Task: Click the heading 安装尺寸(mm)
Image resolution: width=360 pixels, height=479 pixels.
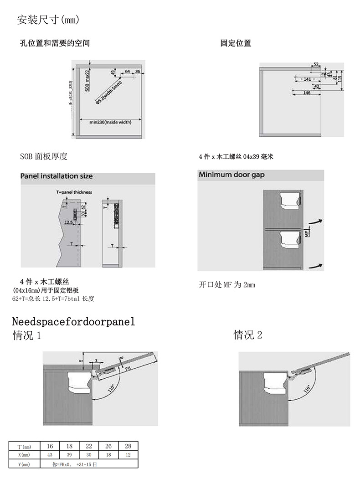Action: click(48, 20)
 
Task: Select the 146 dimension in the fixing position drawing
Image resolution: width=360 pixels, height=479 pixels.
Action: click(307, 93)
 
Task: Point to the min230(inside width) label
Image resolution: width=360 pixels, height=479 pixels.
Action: click(110, 122)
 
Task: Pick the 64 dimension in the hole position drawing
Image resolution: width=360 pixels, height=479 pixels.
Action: click(127, 71)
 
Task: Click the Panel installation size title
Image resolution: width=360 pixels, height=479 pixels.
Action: click(57, 176)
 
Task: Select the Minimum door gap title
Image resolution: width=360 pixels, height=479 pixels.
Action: click(231, 175)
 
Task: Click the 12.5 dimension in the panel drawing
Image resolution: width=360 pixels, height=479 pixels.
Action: click(68, 222)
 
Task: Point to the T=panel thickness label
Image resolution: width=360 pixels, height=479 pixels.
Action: click(74, 192)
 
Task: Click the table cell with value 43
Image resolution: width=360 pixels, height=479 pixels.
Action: click(50, 455)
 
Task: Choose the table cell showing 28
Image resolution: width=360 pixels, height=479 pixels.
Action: click(128, 446)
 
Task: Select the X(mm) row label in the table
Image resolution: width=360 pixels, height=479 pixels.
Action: click(25, 455)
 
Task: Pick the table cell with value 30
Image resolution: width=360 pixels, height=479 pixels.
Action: click(88, 455)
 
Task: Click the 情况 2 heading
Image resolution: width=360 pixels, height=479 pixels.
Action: click(248, 335)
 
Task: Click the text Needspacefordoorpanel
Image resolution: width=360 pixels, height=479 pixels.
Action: click(73, 322)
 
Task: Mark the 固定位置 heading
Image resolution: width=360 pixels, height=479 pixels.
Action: click(236, 43)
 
